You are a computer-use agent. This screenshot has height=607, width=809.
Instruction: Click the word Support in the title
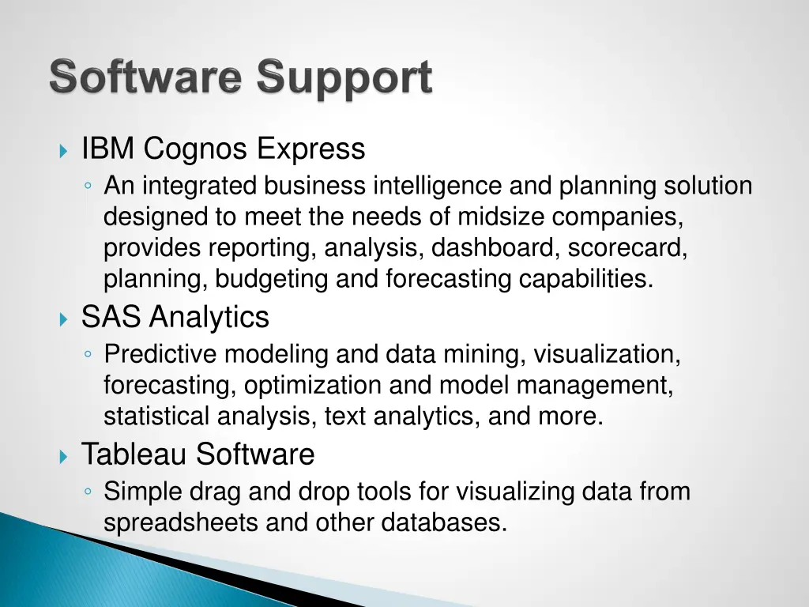coord(344,80)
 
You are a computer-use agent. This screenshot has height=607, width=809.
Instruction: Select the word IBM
coord(108,149)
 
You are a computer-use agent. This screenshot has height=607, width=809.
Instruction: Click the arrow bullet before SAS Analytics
coord(64,319)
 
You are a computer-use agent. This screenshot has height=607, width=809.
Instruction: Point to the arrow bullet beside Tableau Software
coord(64,456)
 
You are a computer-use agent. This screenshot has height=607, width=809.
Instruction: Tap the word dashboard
coord(495,247)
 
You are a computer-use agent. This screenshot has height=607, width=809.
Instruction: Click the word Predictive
coord(160,354)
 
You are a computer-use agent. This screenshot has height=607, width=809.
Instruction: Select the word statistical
coord(160,417)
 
